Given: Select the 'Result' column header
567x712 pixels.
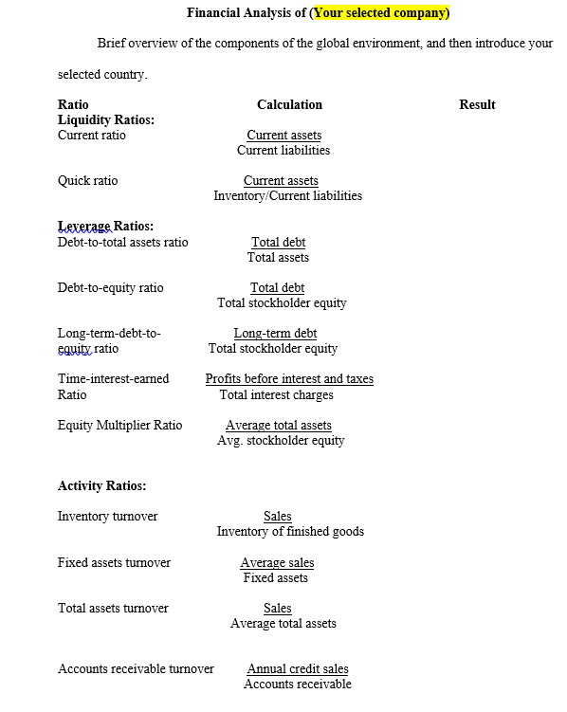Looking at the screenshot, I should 477,104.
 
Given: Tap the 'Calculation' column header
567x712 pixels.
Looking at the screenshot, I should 289,104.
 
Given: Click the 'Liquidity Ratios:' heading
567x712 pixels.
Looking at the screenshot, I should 106,119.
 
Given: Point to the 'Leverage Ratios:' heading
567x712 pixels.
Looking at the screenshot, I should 105,226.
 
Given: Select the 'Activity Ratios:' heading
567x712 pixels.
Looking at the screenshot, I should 102,485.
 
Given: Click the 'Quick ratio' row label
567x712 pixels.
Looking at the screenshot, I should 88,180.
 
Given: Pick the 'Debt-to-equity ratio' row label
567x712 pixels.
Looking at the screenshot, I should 110,287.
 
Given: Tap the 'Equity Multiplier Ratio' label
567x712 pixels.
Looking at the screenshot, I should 119,425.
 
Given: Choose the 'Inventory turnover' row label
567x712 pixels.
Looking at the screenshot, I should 108,516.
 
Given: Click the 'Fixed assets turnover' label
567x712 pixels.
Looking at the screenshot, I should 114,562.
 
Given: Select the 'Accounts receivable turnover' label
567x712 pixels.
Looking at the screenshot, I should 136,668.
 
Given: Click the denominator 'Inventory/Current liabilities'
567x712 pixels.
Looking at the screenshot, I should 287,196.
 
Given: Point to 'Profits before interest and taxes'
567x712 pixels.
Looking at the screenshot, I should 289,378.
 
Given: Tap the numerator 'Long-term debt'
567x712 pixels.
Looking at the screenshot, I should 275,333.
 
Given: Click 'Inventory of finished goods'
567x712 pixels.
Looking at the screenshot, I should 290,531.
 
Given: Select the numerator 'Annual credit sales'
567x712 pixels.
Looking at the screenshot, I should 298,668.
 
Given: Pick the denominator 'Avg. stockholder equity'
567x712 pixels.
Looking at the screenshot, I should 281,440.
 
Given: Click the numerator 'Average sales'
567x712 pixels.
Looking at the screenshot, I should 277,562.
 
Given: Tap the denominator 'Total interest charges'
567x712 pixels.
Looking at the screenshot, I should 276,394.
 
